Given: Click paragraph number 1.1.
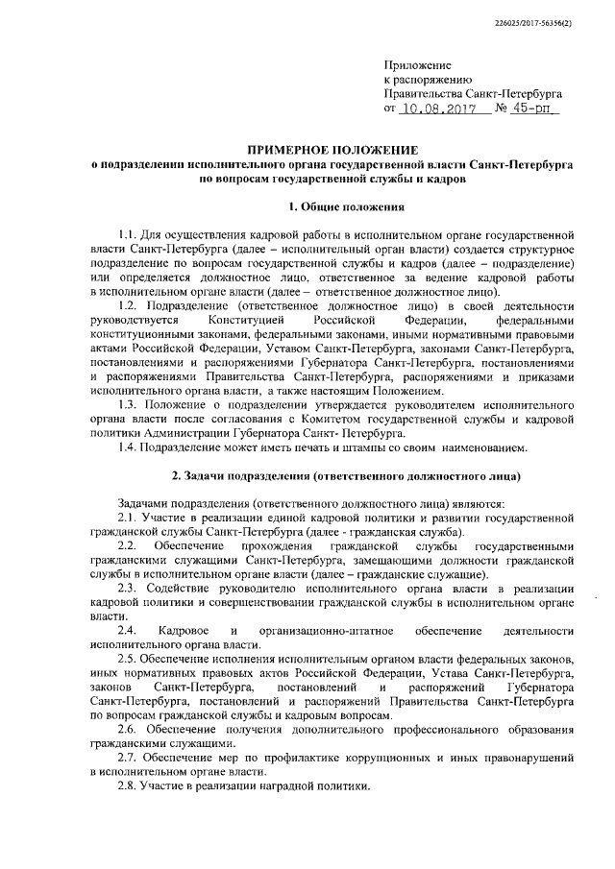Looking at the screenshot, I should coord(127,233).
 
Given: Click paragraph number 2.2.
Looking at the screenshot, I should coord(127,546).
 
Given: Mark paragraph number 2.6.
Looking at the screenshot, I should coord(127,729).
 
